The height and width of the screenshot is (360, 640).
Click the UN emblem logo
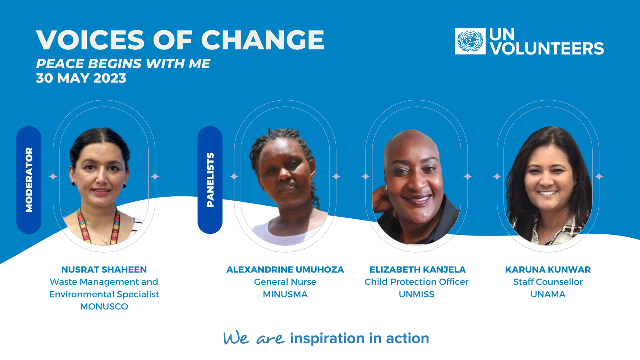pos(470,41)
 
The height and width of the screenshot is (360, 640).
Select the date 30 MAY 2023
pos(81,78)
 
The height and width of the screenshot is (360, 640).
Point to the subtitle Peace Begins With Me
pos(123,64)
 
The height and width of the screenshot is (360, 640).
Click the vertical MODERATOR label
pos(29,180)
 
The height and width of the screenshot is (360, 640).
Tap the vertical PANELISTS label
pos(210,180)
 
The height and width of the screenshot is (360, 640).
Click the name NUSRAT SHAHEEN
pos(104,270)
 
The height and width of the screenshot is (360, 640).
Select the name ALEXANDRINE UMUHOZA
pos(285,270)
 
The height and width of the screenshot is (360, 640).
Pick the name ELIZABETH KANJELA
pos(417,270)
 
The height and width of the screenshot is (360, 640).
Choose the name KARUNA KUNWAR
pos(548,270)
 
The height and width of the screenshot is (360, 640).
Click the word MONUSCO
pos(104,307)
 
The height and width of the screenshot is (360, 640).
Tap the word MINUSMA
pos(285,295)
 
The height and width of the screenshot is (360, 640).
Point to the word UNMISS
pos(416,295)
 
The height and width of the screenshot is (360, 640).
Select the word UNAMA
pos(548,295)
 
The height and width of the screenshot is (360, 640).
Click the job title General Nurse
pos(285,282)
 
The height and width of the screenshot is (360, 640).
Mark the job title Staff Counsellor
pos(548,282)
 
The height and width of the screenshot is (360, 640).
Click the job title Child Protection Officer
pos(416,282)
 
